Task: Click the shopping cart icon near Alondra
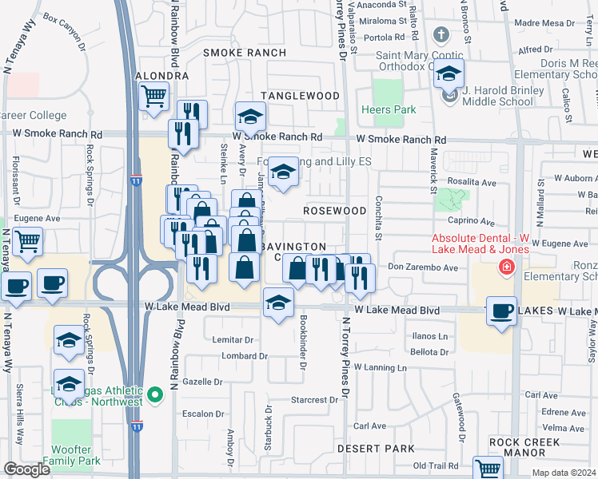[x=153, y=97]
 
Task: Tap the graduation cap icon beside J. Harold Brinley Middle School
[x=449, y=75]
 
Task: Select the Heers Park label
[x=377, y=109]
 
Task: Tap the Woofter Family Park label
[x=72, y=455]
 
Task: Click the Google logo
[x=26, y=469]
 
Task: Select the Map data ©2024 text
[x=564, y=473]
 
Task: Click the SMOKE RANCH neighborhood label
[x=244, y=53]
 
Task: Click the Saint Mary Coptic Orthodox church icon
[x=441, y=35]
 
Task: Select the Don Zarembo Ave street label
[x=423, y=267]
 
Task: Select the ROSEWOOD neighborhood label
[x=334, y=210]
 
